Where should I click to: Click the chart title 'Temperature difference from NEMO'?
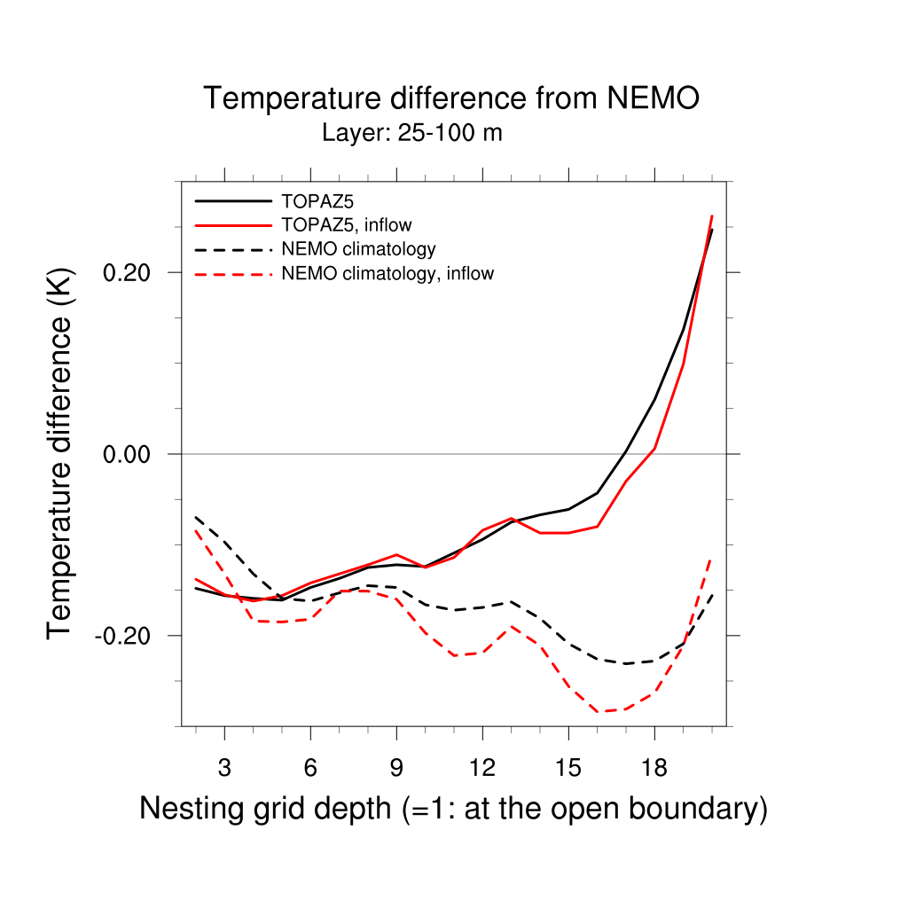coord(451,98)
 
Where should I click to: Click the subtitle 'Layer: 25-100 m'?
coord(412,134)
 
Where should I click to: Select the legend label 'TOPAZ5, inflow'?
coord(346,225)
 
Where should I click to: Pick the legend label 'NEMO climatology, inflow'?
coord(387,273)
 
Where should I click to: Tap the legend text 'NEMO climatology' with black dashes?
coord(358,249)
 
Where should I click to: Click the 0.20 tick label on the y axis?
coord(129,272)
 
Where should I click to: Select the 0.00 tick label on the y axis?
coord(129,454)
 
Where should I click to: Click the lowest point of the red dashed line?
coord(598,711)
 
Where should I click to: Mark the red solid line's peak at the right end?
coord(712,216)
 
